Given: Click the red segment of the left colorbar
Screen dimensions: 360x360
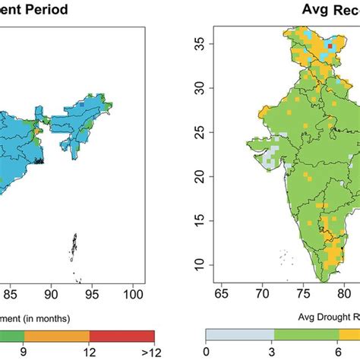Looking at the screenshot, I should coord(122,336).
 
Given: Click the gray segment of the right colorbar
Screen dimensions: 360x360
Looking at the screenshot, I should coord(239,336).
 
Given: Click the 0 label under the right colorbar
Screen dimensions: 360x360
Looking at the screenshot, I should coord(206,352).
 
